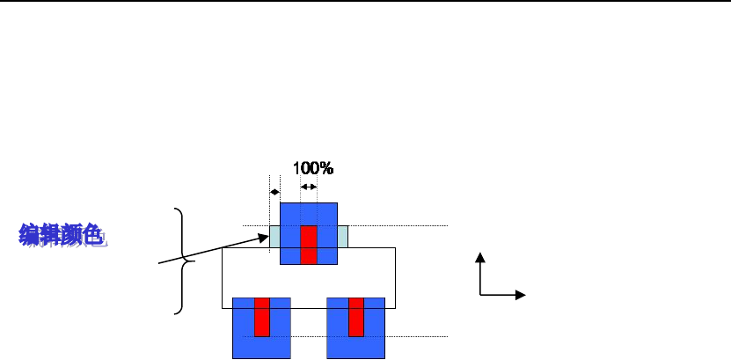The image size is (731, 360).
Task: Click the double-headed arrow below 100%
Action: coord(309,187)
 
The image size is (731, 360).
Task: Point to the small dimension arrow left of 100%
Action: coord(274,192)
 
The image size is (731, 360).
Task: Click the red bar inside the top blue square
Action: coord(308,245)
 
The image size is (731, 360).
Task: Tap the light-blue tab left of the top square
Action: coord(274,237)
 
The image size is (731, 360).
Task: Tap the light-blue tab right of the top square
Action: coord(343,237)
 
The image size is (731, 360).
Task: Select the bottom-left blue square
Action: coord(243,339)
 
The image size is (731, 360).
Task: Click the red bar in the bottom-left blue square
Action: coord(261,317)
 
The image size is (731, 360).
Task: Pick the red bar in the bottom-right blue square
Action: coord(355,317)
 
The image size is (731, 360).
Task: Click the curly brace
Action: coord(182,261)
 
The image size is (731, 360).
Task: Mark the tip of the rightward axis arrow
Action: coord(524,295)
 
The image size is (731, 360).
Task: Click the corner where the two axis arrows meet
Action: coord(479,295)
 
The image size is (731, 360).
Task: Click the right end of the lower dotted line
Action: coord(448,336)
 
